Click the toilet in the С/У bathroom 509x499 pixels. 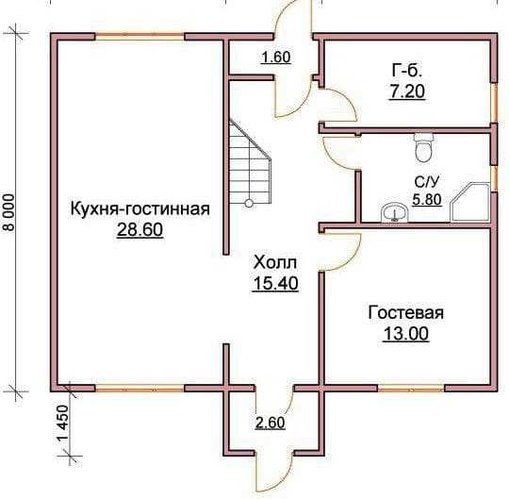pos(423,147)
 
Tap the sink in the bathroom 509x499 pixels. pos(395,213)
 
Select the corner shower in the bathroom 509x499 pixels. pos(469,202)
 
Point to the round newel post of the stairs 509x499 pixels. pos(249,204)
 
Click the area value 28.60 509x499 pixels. pos(140,230)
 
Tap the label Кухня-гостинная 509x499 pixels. pos(140,209)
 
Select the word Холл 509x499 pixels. pos(275,262)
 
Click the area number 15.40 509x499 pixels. pos(275,283)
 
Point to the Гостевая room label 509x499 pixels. pos(405,313)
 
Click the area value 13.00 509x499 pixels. pos(405,334)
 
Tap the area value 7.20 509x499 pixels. pos(407,91)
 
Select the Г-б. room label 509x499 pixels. pos(407,70)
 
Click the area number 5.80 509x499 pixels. pos(427,200)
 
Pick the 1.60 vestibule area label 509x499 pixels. pos(276,58)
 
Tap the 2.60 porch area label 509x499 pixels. pos(271,423)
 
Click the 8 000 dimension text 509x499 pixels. pos(9,212)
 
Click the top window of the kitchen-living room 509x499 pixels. pos(140,36)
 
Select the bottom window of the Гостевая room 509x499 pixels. pos(411,388)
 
